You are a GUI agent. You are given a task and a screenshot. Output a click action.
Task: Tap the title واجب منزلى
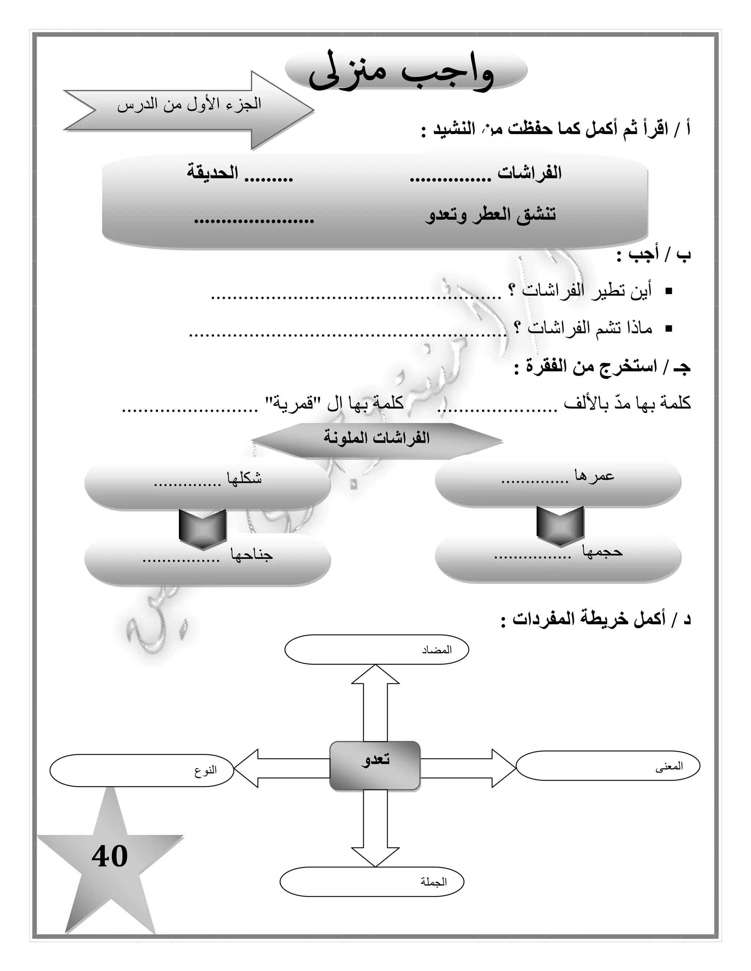coord(402,71)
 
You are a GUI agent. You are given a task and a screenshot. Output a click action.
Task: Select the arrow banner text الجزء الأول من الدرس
coord(189,105)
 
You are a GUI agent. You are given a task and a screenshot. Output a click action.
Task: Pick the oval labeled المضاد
coord(376,650)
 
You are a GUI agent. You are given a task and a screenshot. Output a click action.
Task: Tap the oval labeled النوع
coord(142,771)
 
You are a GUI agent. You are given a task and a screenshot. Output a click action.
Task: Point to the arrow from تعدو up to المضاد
coord(375,702)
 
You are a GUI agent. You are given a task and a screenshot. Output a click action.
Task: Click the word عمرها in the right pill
coord(594,476)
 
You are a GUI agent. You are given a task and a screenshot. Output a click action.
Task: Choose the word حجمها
coord(602,552)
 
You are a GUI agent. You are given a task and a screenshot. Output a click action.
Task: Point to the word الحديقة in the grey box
coord(212,173)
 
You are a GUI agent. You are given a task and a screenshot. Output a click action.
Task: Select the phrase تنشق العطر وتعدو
coord(490,215)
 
